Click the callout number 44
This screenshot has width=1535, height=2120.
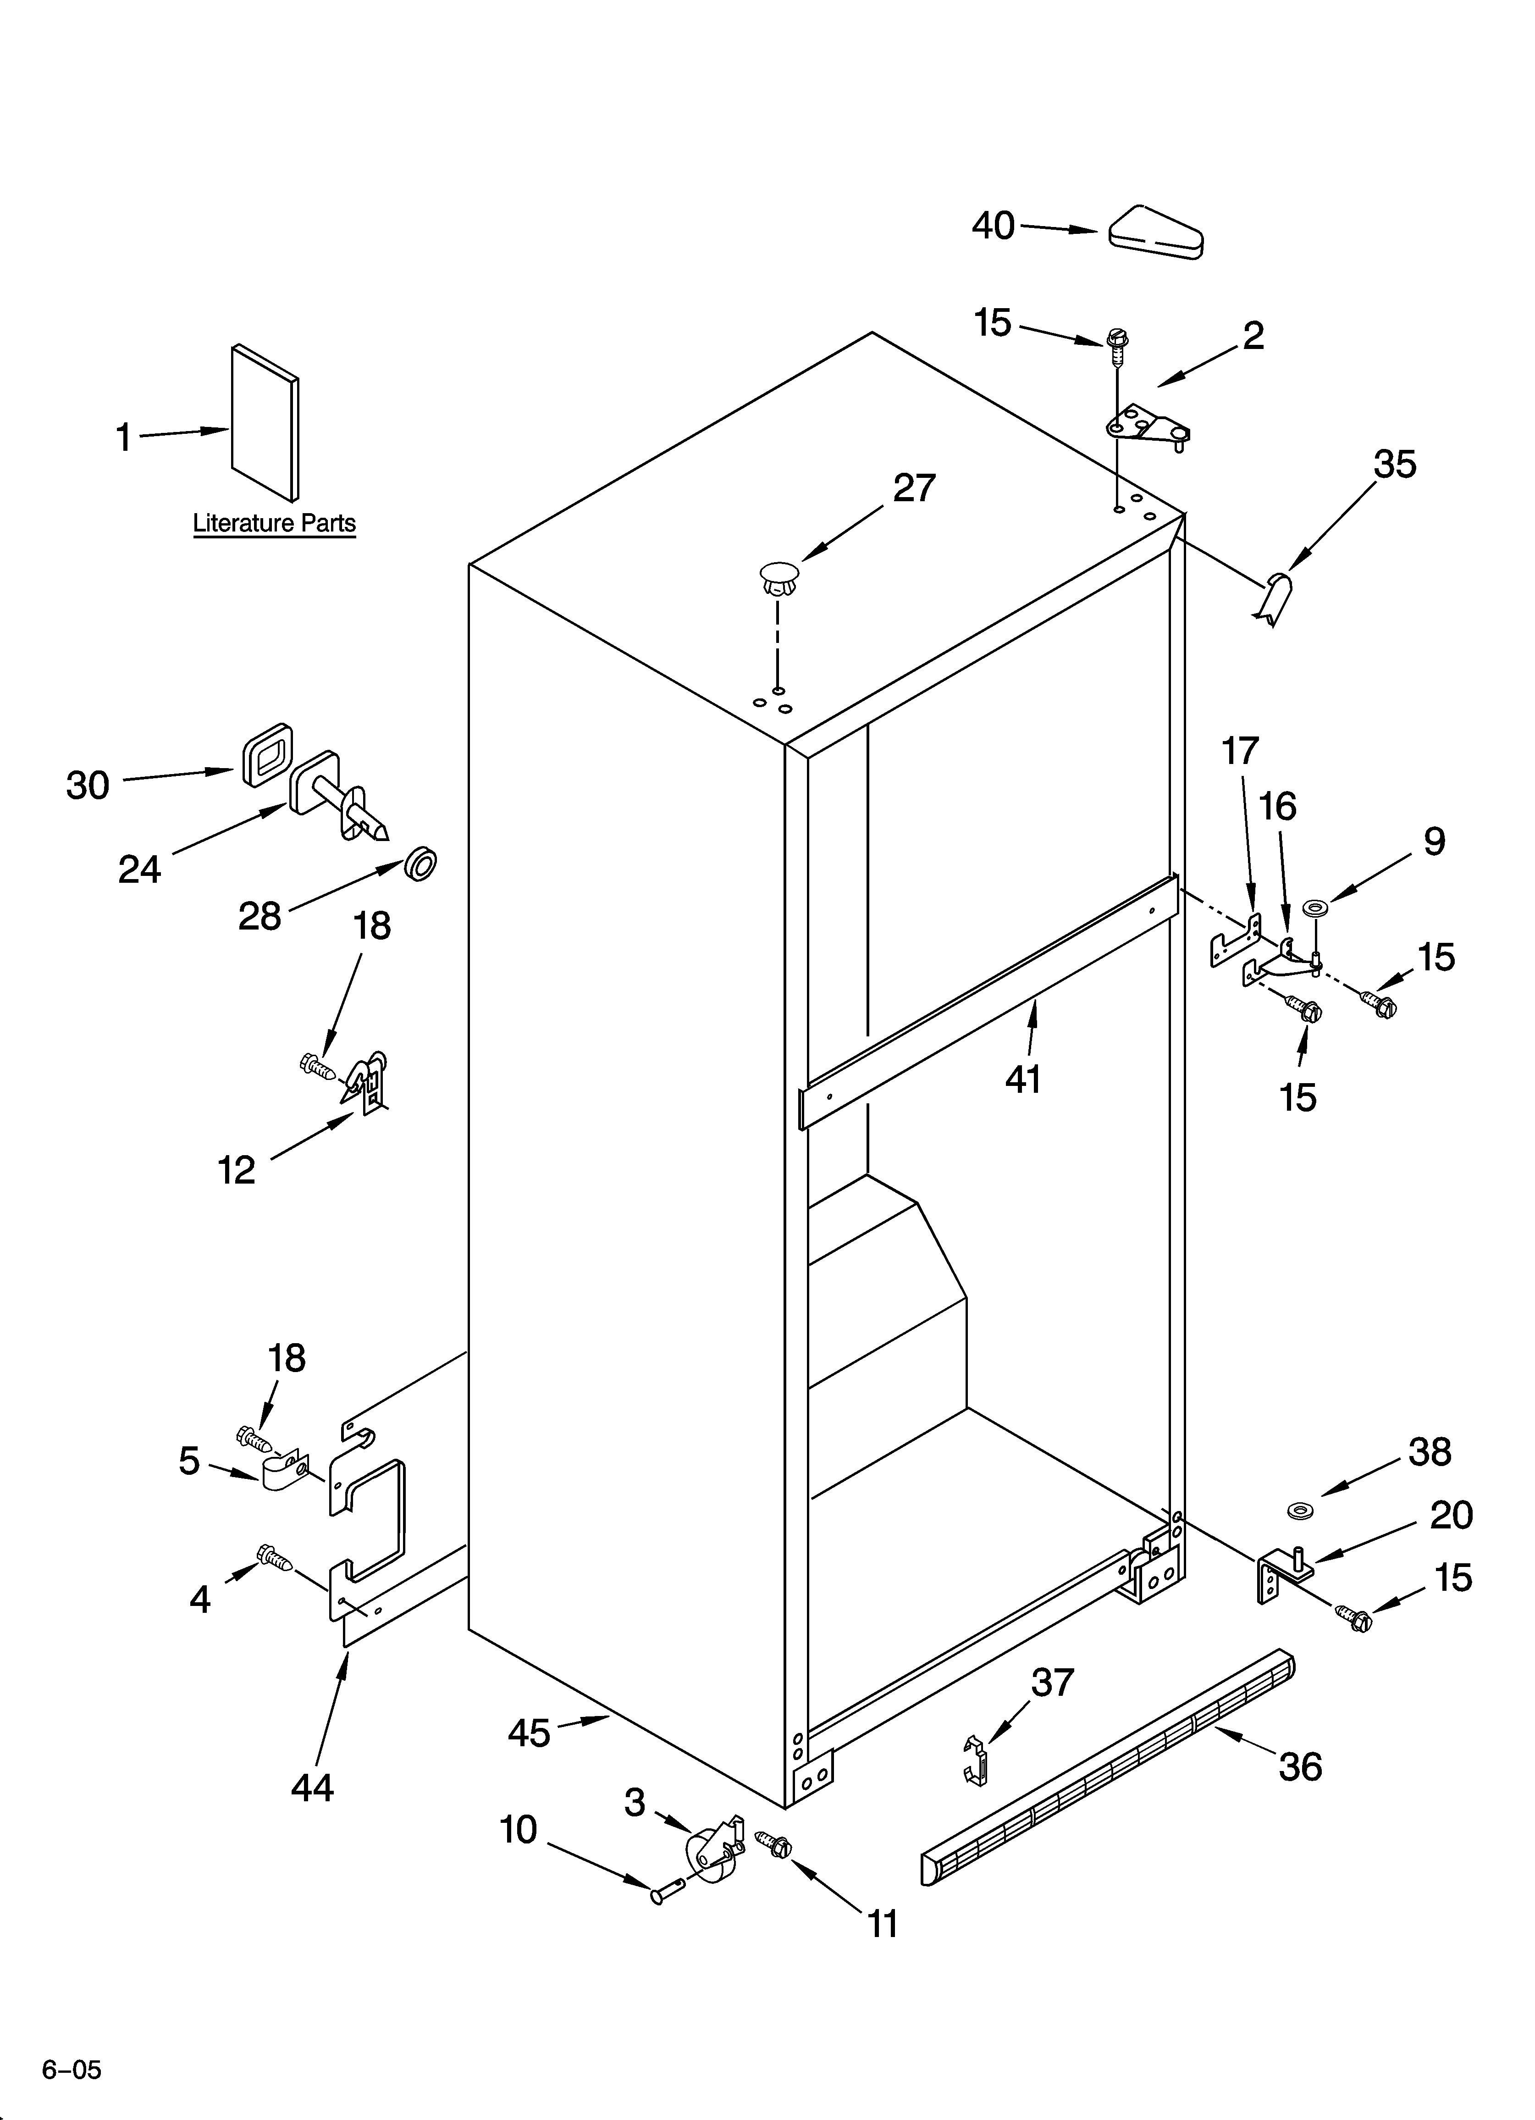coord(312,1787)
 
